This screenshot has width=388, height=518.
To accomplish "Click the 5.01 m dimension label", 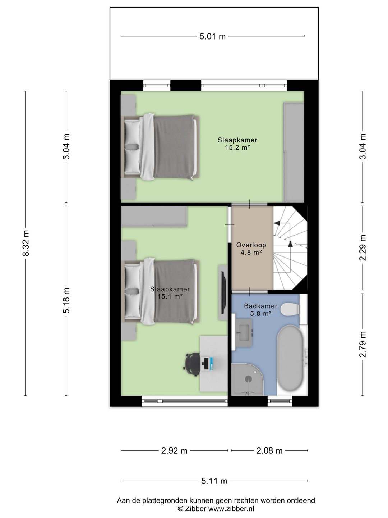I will [x=213, y=36].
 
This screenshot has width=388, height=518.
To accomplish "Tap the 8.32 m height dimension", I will [x=26, y=243].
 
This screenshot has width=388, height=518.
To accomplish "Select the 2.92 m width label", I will [x=174, y=451].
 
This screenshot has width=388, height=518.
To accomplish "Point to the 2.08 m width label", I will [x=269, y=451].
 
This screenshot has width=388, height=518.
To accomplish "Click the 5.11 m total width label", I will [x=214, y=481].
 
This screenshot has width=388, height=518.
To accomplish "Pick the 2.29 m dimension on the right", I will [x=363, y=248].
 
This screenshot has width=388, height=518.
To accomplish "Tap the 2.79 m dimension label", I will [x=363, y=344].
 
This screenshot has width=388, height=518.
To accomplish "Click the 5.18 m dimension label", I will [x=66, y=301].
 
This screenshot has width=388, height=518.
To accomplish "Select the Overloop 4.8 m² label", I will [x=251, y=249].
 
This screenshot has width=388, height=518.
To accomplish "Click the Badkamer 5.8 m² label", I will [x=260, y=310].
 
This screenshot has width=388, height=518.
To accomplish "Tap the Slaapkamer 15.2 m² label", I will [x=237, y=144].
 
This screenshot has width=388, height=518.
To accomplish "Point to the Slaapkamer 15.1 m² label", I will [x=170, y=293].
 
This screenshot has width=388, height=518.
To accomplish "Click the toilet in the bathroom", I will [x=290, y=309].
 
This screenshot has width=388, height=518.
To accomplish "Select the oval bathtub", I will [x=291, y=359].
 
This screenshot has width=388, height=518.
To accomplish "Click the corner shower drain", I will [x=248, y=378].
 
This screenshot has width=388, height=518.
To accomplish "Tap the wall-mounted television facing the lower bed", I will [x=223, y=293].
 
